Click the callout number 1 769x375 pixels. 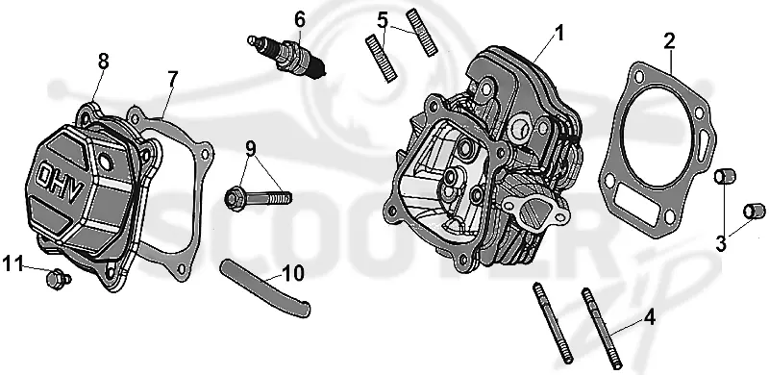(x=558, y=34)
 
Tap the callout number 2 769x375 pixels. (x=670, y=41)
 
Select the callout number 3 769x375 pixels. (x=720, y=244)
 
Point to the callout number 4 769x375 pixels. (x=649, y=318)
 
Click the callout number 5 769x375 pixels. (x=383, y=20)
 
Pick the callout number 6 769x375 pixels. (x=300, y=19)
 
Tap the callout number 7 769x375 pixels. (x=172, y=79)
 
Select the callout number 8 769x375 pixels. (x=103, y=62)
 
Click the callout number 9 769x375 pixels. (x=251, y=148)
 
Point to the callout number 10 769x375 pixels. (x=293, y=274)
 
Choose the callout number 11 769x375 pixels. (x=12, y=263)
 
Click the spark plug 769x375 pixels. (x=286, y=57)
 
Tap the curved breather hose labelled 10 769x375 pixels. (x=265, y=287)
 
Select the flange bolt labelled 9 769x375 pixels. (x=259, y=197)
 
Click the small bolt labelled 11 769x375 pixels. (x=58, y=279)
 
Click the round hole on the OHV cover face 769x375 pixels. (x=105, y=161)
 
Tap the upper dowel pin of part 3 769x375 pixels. (x=726, y=176)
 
